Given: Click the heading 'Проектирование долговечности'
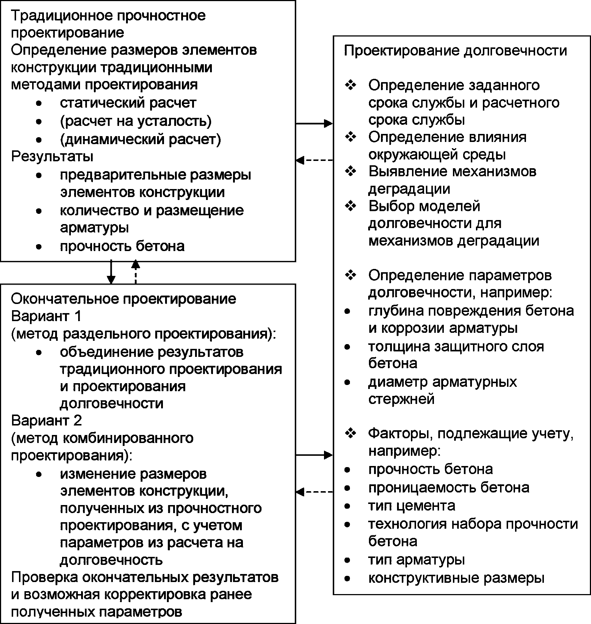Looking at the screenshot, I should click(x=455, y=50).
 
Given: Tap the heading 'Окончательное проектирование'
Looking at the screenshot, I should click(x=123, y=299).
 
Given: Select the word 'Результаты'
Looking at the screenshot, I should click(x=52, y=156).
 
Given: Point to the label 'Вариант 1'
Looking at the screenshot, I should click(x=46, y=316).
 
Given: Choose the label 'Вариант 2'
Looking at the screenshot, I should click(x=46, y=420).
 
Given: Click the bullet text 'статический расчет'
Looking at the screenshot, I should click(x=128, y=103).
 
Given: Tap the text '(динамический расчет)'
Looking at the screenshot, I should click(x=140, y=139).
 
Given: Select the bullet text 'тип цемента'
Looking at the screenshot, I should click(x=412, y=505).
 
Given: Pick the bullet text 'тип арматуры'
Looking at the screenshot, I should click(x=416, y=559).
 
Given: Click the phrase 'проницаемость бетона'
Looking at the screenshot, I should click(x=449, y=488).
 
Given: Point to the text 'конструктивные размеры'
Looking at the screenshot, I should click(x=456, y=578).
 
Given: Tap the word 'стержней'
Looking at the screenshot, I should click(x=401, y=398).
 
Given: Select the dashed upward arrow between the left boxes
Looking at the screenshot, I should click(x=136, y=272).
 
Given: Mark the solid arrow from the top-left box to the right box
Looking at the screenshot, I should click(x=314, y=123).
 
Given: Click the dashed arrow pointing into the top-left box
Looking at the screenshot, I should click(x=314, y=160).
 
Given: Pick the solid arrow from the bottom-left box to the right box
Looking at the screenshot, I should click(x=314, y=455).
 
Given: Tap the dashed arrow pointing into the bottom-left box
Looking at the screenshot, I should click(x=314, y=492).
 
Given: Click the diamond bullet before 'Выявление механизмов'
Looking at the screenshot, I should click(x=350, y=171).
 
